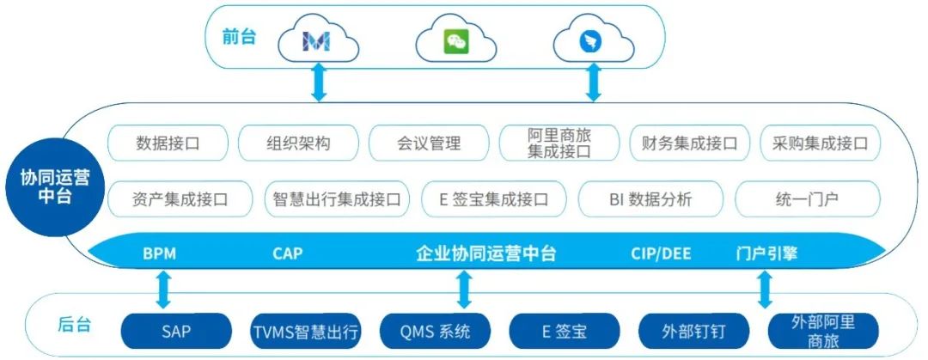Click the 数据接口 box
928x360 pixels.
click(168, 143)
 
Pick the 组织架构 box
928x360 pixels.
click(298, 143)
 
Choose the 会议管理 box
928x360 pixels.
click(429, 143)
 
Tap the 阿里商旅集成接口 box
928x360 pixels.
click(559, 143)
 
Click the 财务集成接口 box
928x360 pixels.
click(690, 143)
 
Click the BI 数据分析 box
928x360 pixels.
click(650, 200)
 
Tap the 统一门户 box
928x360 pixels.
click(807, 200)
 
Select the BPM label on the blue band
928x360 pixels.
click(161, 254)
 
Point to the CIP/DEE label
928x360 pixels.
click(660, 254)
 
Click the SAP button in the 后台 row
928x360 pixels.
click(176, 330)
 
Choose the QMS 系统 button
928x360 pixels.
click(436, 330)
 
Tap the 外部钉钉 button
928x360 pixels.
click(694, 330)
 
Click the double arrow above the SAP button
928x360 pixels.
click(163, 290)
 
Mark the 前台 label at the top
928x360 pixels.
click(239, 39)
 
